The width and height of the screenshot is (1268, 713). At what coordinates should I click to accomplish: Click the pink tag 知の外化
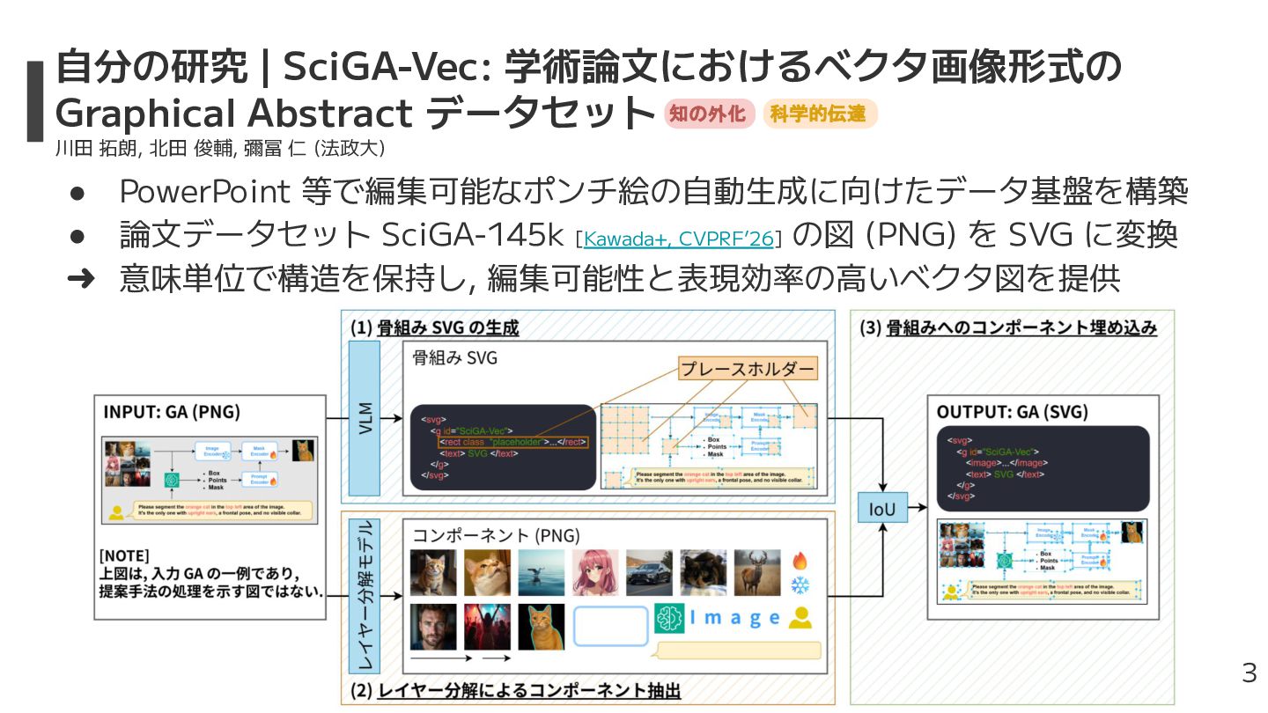tap(708, 114)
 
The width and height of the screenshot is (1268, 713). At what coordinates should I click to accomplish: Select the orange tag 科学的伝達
tap(818, 114)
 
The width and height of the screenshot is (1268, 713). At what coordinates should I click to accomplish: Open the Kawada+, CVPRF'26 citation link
tap(678, 238)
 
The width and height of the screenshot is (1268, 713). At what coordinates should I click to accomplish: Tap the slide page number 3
tap(1249, 673)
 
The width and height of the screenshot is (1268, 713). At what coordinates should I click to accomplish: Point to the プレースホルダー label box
tap(748, 368)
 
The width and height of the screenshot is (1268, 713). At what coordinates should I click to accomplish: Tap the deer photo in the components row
tap(756, 573)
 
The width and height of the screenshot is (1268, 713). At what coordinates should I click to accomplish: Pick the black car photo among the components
tap(649, 573)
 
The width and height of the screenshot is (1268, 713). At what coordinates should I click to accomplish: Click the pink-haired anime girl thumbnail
tap(595, 573)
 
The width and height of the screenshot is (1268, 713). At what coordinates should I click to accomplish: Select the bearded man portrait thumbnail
tap(433, 627)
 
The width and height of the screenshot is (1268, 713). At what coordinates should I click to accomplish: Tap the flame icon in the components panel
tap(800, 561)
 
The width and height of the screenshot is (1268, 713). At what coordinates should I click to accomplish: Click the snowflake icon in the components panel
tap(800, 584)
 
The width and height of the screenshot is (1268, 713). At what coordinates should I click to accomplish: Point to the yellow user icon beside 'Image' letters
tap(800, 619)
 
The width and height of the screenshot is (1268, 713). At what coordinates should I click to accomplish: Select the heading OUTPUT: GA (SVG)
tap(1012, 412)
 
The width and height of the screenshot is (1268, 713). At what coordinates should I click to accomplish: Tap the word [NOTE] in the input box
tap(124, 555)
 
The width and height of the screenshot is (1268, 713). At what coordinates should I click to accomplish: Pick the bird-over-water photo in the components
tap(541, 573)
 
